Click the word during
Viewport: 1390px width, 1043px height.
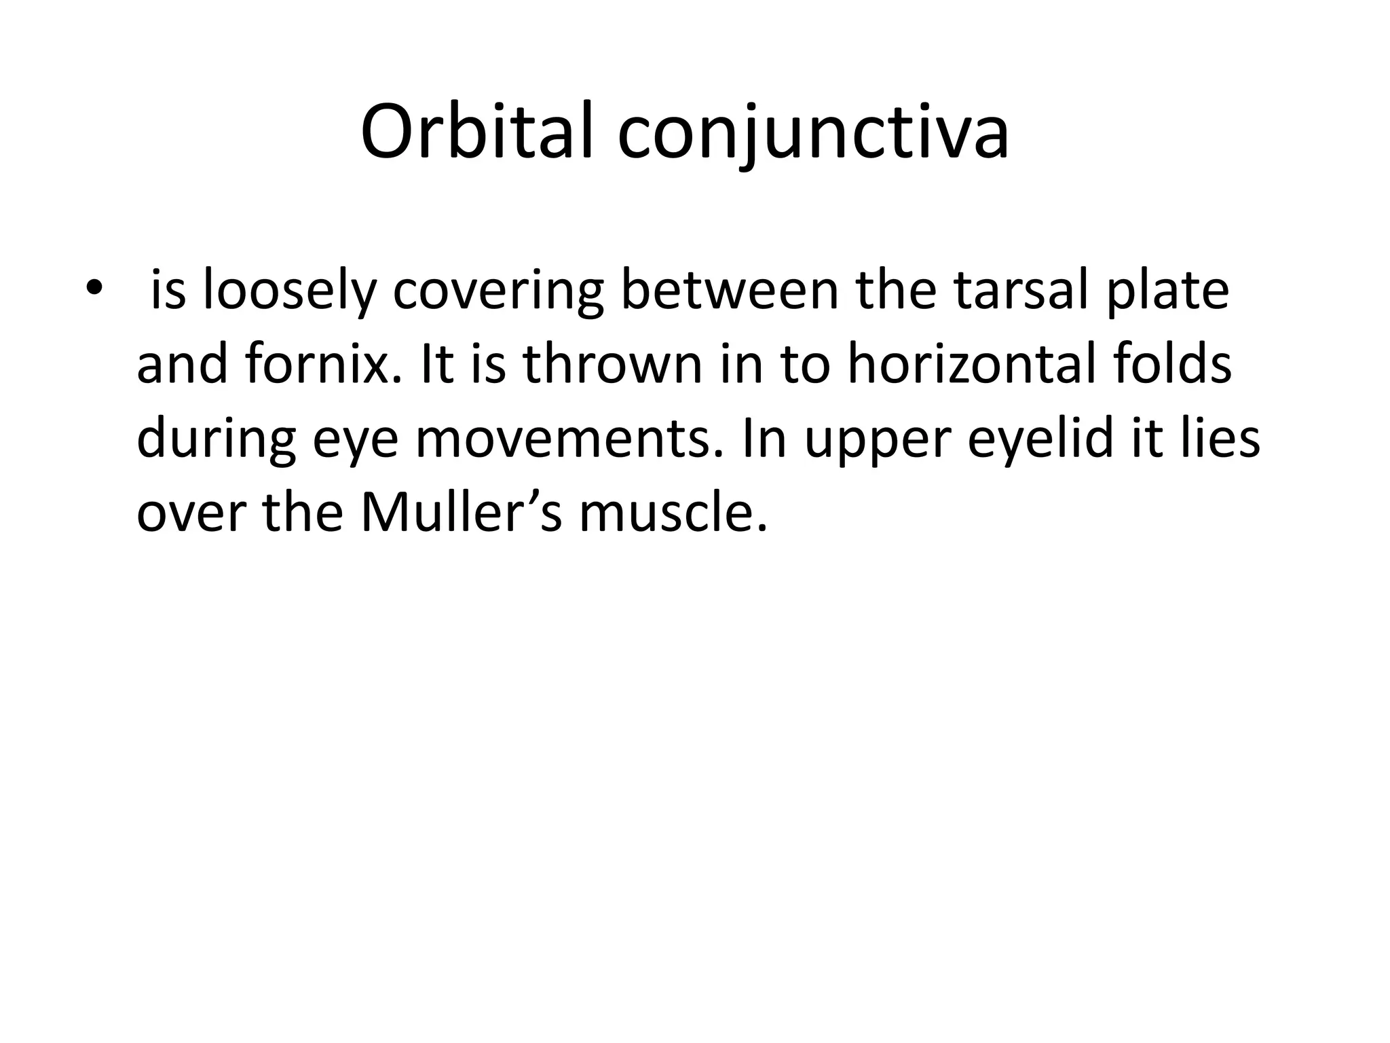tap(216, 439)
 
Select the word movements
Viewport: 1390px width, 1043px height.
tap(568, 439)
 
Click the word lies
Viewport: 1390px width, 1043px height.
tap(1221, 439)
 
